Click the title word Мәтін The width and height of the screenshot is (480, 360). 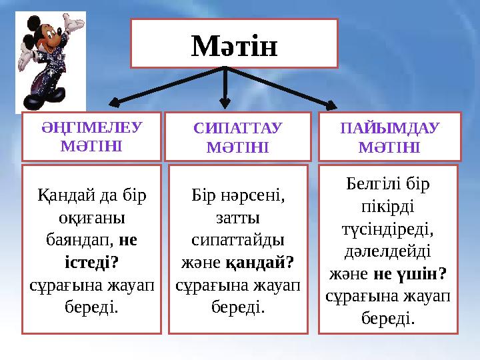(234, 45)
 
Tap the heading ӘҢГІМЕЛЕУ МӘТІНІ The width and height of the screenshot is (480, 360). (91, 136)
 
